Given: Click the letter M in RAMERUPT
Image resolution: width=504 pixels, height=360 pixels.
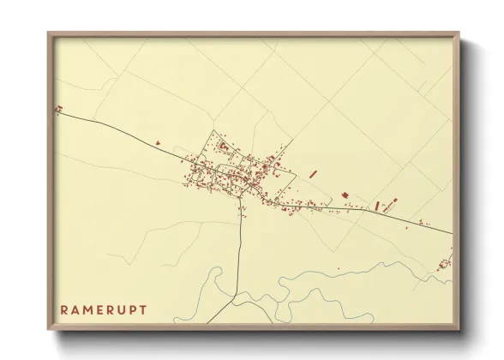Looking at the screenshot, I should pyautogui.click(x=87, y=309).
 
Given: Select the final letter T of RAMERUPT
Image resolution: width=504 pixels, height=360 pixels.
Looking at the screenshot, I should pyautogui.click(x=143, y=309).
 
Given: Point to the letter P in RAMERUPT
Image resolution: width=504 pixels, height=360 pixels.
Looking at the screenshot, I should pyautogui.click(x=135, y=309).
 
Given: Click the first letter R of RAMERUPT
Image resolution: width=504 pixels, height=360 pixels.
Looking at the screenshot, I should pyautogui.click(x=63, y=309).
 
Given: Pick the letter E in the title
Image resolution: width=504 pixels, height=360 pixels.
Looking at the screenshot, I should pyautogui.click(x=101, y=309).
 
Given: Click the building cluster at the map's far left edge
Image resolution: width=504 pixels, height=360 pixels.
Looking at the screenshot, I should pyautogui.click(x=58, y=109).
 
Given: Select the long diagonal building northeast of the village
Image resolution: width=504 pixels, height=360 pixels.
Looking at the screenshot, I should pyautogui.click(x=313, y=173).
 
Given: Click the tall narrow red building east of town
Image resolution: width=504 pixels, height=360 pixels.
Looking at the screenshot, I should pyautogui.click(x=376, y=206).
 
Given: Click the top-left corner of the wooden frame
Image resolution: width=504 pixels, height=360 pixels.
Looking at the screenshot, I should pyautogui.click(x=48, y=33).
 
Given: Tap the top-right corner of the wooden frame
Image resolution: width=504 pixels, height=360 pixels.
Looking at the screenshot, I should pyautogui.click(x=459, y=33).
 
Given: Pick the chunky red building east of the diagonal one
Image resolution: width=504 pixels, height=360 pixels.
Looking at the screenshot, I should pyautogui.click(x=345, y=196).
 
